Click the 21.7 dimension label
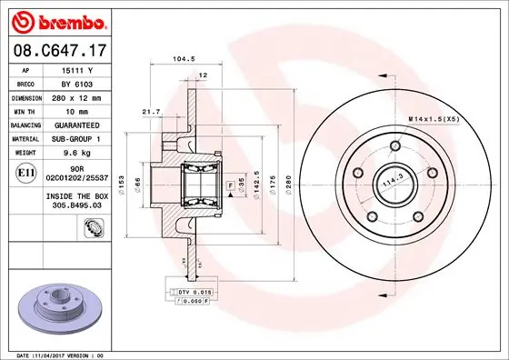[152, 111]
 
